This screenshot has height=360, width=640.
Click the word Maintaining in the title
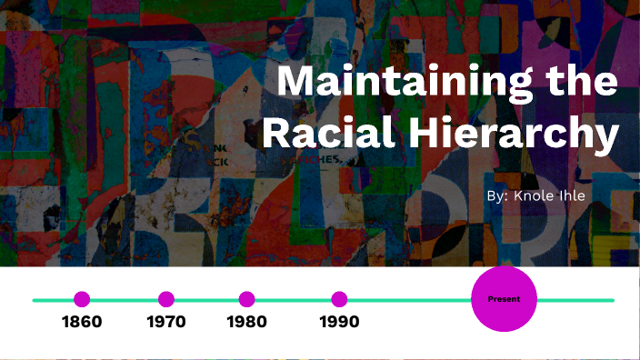click(x=406, y=84)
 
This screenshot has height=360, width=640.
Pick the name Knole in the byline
click(x=535, y=195)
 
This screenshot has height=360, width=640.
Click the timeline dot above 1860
click(x=82, y=299)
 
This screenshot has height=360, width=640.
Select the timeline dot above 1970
click(x=165, y=299)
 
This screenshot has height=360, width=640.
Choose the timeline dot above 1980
click(x=246, y=299)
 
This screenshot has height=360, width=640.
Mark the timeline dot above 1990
click(x=339, y=299)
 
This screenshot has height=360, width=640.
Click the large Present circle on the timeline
click(x=504, y=299)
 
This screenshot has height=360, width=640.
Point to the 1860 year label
click(x=82, y=322)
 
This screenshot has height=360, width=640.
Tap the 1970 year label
click(x=165, y=322)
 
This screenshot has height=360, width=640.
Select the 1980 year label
click(x=246, y=322)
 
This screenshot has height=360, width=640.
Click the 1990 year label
click(x=339, y=322)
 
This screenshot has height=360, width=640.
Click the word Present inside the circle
click(x=504, y=299)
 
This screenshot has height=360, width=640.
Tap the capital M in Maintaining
click(x=299, y=84)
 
